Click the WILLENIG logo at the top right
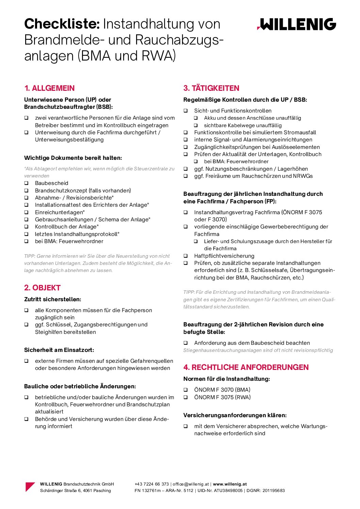tap(296, 24)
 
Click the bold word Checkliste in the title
tap(62, 24)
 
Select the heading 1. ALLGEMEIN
tap(49, 88)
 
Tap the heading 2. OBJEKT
tap(42, 288)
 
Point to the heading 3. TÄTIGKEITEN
tap(211, 88)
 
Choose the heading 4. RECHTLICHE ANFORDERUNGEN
tap(246, 368)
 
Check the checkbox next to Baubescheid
tap(26, 183)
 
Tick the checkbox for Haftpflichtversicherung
tap(186, 256)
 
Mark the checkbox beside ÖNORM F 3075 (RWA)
tap(186, 397)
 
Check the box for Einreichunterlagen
tap(26, 213)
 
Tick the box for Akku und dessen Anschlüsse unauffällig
tap(196, 118)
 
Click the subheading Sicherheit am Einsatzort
tap(59, 350)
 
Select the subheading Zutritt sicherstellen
tap(52, 300)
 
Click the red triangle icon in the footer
tap(30, 487)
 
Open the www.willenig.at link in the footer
tap(230, 484)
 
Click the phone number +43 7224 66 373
tap(152, 484)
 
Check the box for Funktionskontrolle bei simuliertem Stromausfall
tap(186, 133)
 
